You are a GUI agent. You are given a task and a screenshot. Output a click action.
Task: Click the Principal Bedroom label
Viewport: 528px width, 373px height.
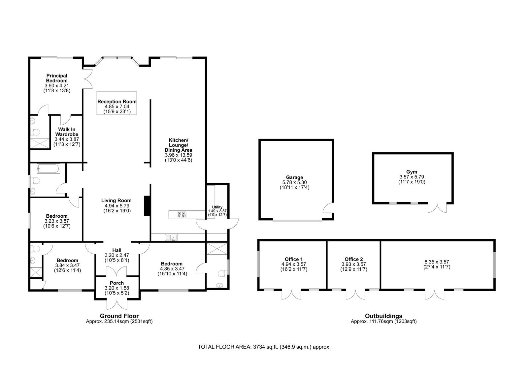click(x=57, y=78)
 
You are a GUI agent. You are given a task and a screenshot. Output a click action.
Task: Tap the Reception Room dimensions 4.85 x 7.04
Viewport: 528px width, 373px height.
click(x=117, y=107)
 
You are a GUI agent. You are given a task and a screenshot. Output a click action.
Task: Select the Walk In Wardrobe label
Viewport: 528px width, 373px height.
click(x=67, y=132)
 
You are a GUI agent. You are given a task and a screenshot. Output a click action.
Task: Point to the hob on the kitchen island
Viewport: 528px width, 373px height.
click(x=181, y=215)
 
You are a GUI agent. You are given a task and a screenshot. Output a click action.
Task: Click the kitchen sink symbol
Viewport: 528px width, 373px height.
click(x=171, y=237)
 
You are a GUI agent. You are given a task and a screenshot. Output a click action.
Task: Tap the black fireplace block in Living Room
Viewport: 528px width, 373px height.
click(x=147, y=205)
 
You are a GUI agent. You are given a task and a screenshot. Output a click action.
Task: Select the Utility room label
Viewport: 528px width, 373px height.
click(x=217, y=207)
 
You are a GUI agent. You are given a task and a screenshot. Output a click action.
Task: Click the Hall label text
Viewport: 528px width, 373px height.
click(x=117, y=250)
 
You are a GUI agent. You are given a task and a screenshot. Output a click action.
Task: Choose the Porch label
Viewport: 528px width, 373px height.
click(x=117, y=283)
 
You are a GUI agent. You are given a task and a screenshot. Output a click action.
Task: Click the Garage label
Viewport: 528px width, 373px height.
click(x=294, y=177)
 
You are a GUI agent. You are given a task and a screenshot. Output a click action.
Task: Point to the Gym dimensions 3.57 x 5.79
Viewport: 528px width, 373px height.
click(x=412, y=177)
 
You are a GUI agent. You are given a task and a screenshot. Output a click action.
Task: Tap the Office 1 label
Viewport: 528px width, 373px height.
click(x=294, y=260)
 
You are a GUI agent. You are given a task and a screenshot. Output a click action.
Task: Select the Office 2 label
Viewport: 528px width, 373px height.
click(x=354, y=260)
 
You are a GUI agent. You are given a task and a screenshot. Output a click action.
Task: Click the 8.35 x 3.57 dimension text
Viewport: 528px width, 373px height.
click(x=437, y=262)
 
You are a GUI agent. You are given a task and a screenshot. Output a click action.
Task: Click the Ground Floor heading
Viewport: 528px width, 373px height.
click(x=119, y=316)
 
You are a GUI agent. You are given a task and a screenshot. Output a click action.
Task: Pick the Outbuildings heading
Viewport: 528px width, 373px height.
click(x=383, y=316)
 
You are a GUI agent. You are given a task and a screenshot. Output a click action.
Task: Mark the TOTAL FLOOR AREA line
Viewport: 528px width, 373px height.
click(x=264, y=347)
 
